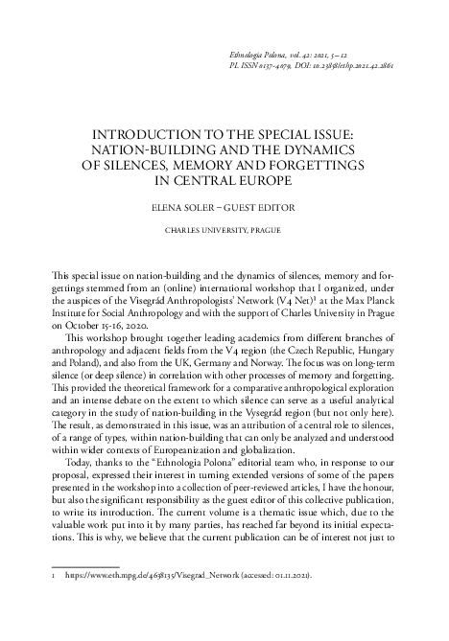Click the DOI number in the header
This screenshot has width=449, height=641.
(x=360, y=69)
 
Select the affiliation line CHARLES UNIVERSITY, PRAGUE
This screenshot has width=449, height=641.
(x=223, y=231)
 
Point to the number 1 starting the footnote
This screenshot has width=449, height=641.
(x=51, y=605)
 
